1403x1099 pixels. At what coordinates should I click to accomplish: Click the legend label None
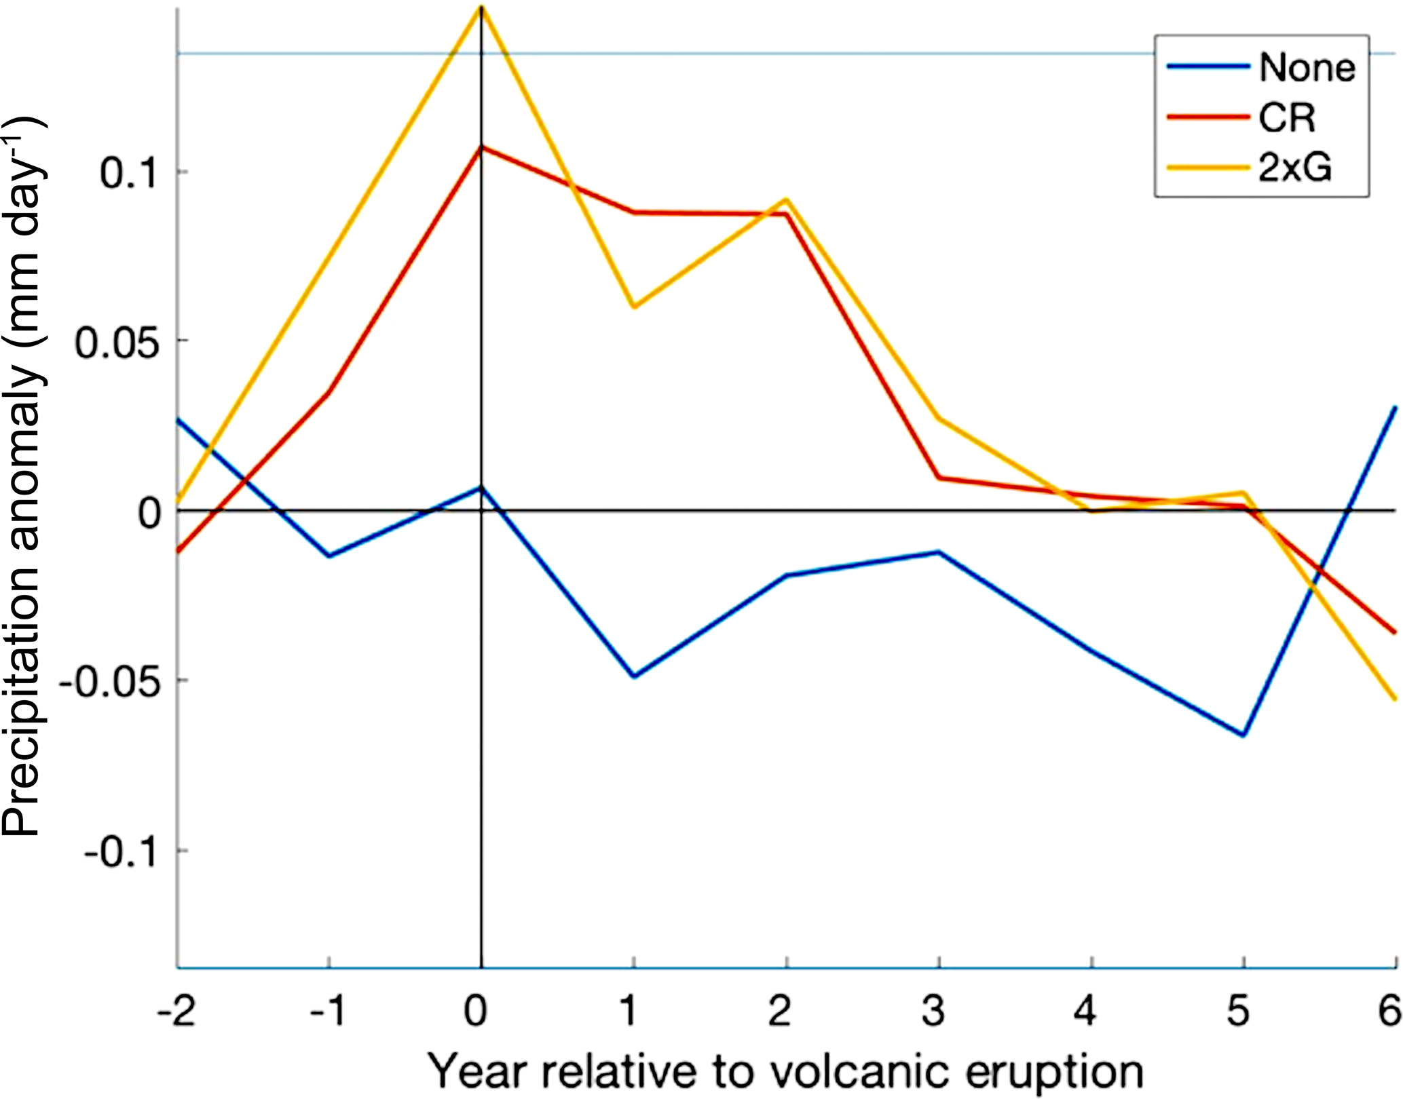point(1307,67)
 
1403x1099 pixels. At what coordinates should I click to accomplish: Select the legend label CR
point(1287,118)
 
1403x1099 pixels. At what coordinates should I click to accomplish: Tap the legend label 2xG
point(1295,168)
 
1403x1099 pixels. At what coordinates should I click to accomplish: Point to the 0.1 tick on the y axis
point(128,172)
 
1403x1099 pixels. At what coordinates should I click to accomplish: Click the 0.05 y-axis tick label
point(115,342)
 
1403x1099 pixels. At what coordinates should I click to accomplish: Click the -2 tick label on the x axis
point(176,1011)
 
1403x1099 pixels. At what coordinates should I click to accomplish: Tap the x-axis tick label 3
point(935,1011)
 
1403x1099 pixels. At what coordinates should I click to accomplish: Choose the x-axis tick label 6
point(1389,1011)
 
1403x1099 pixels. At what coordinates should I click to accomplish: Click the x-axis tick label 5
point(1238,1011)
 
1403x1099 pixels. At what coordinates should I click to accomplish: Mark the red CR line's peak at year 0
point(481,147)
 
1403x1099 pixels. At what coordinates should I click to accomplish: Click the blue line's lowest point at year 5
point(1243,735)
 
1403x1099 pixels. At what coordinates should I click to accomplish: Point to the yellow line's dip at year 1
point(633,307)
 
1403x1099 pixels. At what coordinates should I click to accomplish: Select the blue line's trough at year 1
point(633,676)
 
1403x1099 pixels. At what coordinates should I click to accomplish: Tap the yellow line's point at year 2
point(786,199)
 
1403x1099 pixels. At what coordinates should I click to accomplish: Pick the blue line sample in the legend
point(1208,66)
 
